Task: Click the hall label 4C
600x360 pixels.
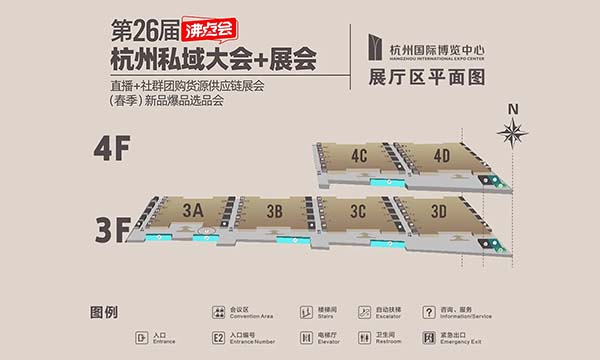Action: [x=360, y=155]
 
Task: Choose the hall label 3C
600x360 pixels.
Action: [x=357, y=210]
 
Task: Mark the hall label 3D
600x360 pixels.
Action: [x=438, y=211]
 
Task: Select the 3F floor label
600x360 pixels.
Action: [x=113, y=230]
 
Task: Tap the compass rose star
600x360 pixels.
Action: [x=514, y=130]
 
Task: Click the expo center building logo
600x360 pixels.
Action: [x=376, y=43]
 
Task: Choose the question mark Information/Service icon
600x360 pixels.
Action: [x=430, y=313]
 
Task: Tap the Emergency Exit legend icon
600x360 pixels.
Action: [x=430, y=339]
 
